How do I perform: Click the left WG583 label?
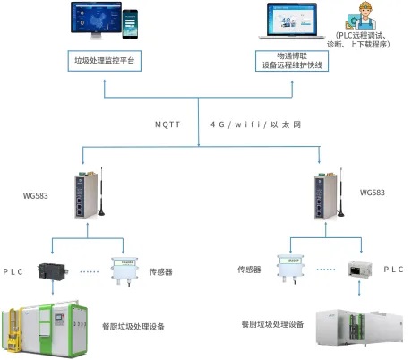coord(37,193)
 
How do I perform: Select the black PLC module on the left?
coord(49,270)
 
